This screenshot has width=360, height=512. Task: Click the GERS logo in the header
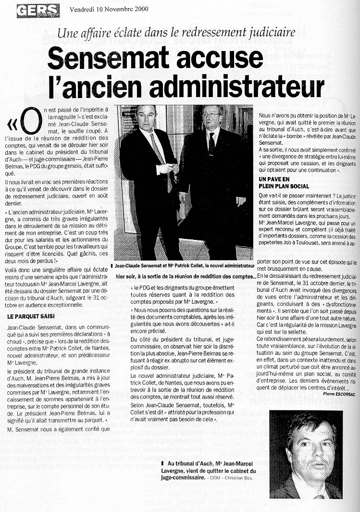coord(38,10)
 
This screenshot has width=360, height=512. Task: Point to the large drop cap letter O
coord(30,122)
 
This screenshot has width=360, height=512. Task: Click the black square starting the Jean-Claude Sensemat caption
coord(112,266)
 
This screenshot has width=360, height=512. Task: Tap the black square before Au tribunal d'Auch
coord(164,463)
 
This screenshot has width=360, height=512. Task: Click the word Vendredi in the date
coord(84,9)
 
